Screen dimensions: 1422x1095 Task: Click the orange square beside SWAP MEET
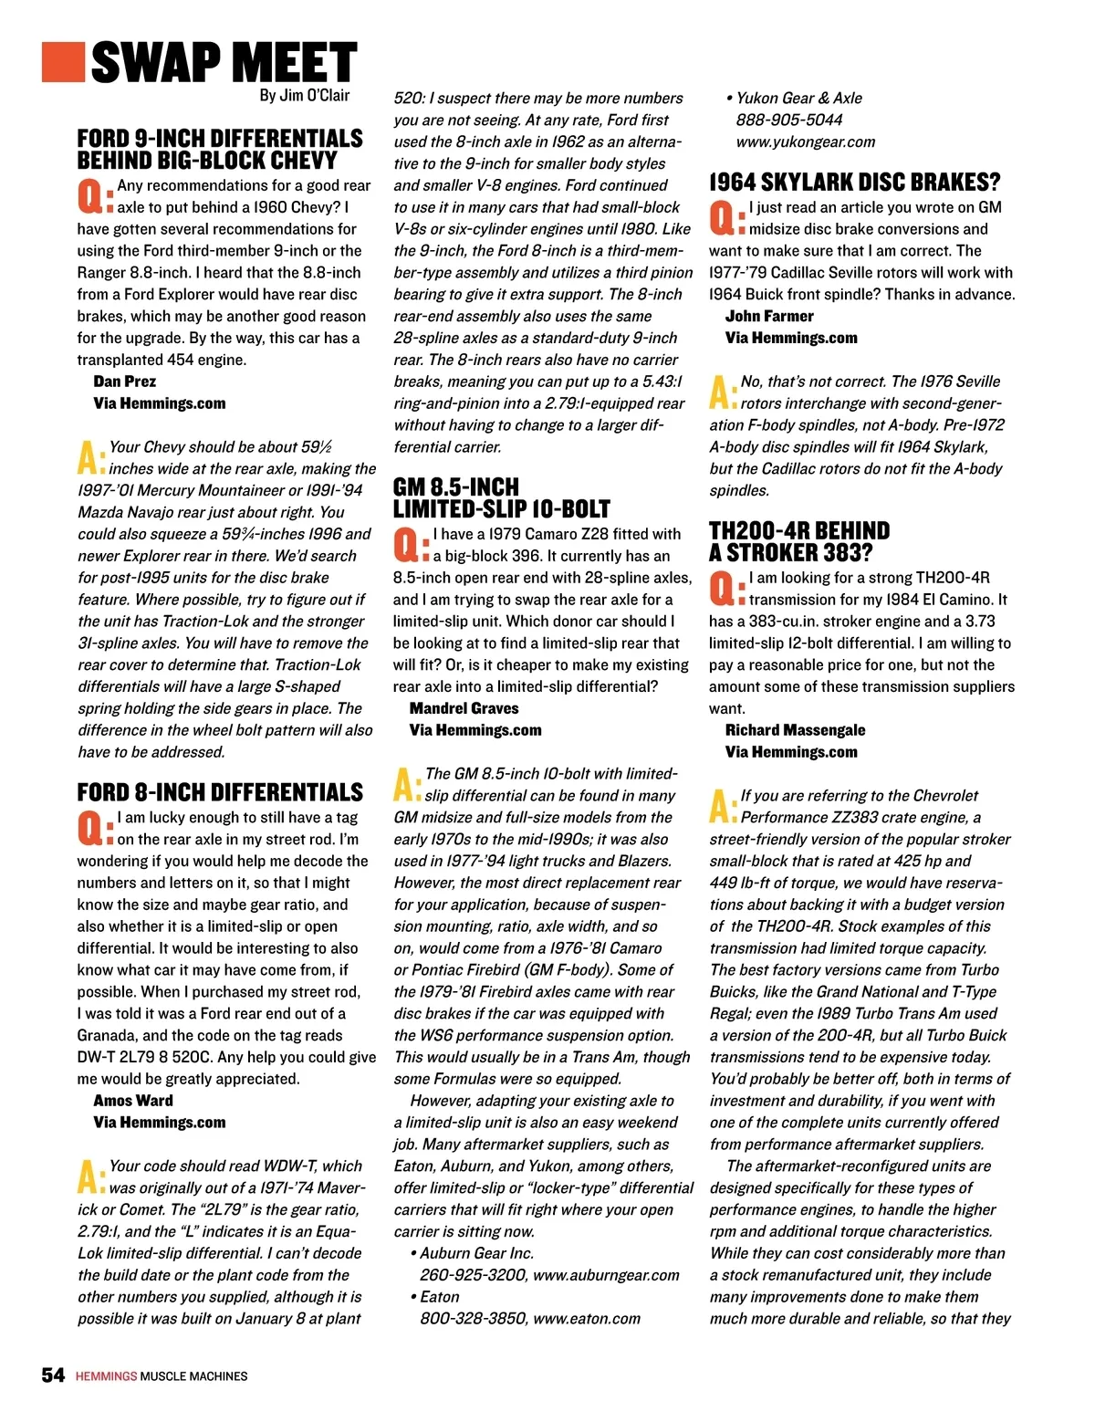click(63, 61)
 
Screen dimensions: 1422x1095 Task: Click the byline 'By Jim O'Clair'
click(304, 95)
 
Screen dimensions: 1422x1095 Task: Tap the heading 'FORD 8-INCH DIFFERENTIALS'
click(220, 791)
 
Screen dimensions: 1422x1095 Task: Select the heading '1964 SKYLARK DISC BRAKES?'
click(854, 182)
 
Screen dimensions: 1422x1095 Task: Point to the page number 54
click(53, 1375)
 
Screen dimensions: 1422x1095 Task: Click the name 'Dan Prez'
click(124, 382)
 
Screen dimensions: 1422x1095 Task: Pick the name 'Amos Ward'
click(133, 1101)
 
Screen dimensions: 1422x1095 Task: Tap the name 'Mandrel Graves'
click(464, 708)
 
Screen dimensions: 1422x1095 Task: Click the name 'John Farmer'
click(769, 316)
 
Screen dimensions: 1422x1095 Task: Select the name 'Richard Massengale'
click(795, 730)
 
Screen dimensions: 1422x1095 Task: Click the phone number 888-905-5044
click(789, 120)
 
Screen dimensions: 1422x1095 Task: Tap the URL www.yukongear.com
click(806, 141)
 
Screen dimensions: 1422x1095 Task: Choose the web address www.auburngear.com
click(606, 1275)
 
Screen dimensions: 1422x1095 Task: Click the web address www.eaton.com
click(587, 1319)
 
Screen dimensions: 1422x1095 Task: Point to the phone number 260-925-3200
click(472, 1275)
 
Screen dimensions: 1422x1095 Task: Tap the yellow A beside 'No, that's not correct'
click(721, 392)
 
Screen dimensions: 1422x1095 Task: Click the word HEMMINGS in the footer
click(106, 1376)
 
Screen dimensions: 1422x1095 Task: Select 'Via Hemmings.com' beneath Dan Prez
click(159, 403)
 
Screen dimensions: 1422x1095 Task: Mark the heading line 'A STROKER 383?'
click(790, 552)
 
